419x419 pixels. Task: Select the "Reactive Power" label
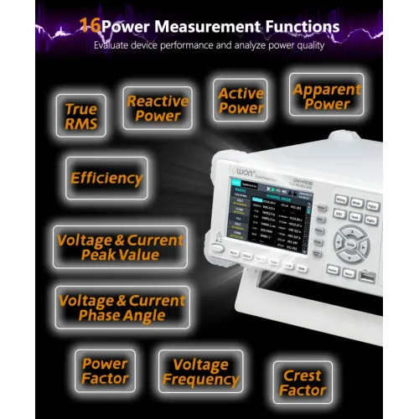(158, 109)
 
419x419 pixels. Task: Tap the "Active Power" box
(241, 101)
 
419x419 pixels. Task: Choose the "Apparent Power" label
(326, 96)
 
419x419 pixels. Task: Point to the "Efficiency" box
(106, 178)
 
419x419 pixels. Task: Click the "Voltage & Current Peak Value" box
(120, 247)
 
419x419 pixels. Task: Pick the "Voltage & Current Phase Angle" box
(122, 308)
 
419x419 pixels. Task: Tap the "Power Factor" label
(105, 371)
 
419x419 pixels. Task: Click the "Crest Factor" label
(303, 384)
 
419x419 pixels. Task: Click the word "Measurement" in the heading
(201, 27)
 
